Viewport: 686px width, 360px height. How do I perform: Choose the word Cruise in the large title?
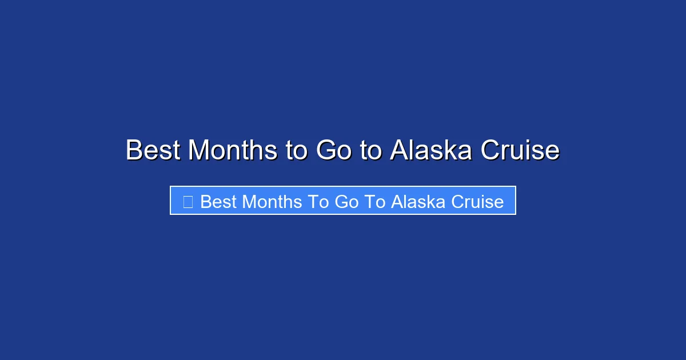click(520, 150)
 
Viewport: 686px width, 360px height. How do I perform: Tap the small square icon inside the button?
click(188, 201)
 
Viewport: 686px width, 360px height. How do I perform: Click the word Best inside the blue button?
click(218, 202)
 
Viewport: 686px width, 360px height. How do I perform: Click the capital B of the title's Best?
click(134, 150)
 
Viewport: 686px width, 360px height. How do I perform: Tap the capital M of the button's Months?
click(250, 202)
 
